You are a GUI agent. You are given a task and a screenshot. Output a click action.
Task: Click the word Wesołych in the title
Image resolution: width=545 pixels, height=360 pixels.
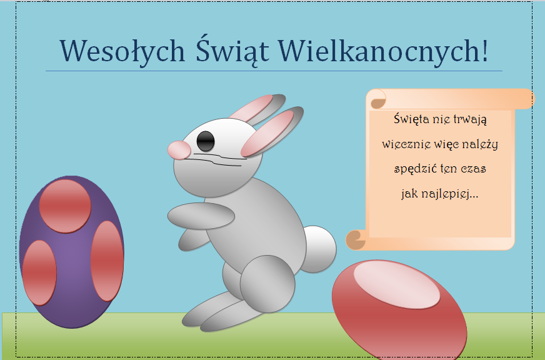122,51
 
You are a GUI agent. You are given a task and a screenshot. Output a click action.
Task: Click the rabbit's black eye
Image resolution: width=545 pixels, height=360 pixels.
206,141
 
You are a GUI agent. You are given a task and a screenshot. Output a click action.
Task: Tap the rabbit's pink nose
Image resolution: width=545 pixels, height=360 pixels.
179,150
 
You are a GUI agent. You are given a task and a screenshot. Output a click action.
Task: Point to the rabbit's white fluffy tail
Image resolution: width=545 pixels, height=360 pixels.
319,249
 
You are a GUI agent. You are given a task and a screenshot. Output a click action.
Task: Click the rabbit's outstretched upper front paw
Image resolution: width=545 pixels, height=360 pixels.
201,216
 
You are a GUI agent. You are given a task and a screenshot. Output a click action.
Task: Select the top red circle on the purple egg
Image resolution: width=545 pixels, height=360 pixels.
65,206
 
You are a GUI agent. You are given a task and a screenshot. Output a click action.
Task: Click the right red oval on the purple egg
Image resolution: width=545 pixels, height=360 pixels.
107,261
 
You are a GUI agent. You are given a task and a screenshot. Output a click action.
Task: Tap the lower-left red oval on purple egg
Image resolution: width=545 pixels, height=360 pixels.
39,272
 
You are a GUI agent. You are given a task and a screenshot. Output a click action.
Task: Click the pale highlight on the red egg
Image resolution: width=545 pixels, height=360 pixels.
397,284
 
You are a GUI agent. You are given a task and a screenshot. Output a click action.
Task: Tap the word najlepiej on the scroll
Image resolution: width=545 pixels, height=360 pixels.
445,194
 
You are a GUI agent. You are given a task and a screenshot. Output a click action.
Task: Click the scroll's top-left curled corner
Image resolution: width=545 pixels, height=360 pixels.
378,101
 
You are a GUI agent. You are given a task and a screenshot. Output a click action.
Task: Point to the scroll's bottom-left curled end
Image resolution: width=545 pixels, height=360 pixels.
356,240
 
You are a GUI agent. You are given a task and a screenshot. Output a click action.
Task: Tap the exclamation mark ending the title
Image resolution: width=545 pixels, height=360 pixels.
484,51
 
